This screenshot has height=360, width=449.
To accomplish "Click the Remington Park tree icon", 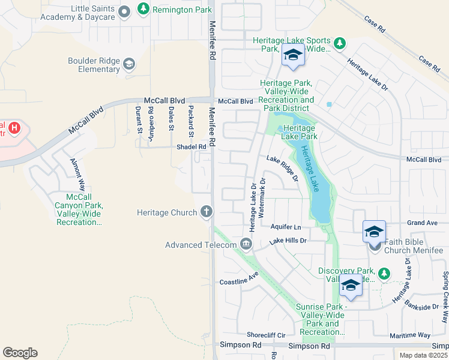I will click(x=143, y=8).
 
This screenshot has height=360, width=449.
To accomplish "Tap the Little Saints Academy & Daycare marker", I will click(x=124, y=11).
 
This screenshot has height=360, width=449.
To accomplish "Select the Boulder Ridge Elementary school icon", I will click(x=129, y=64).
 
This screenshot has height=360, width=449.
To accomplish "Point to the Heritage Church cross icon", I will click(x=206, y=211).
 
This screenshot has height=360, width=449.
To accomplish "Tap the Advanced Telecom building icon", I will click(x=246, y=244).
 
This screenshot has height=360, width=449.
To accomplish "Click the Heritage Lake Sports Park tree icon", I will click(x=340, y=43).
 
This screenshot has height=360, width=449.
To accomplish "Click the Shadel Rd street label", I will click(x=191, y=146).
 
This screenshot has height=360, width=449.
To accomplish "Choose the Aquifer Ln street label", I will click(x=285, y=227).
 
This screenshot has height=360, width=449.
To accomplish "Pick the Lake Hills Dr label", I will click(x=288, y=241).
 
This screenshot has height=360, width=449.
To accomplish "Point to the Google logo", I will click(x=20, y=353).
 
